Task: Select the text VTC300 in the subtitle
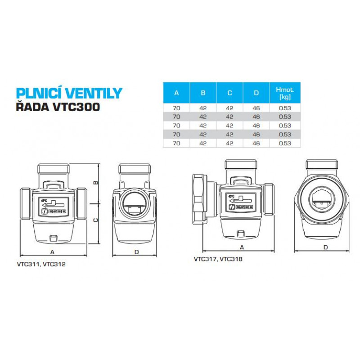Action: [x=73, y=108]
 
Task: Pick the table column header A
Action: [x=176, y=93]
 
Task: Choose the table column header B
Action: [x=203, y=93]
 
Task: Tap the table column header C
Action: [x=229, y=93]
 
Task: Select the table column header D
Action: [x=256, y=93]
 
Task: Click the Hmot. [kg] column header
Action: [x=285, y=93]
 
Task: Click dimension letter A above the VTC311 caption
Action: [x=52, y=252]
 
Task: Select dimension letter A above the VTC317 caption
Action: [x=243, y=247]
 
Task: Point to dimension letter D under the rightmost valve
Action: [x=325, y=247]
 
